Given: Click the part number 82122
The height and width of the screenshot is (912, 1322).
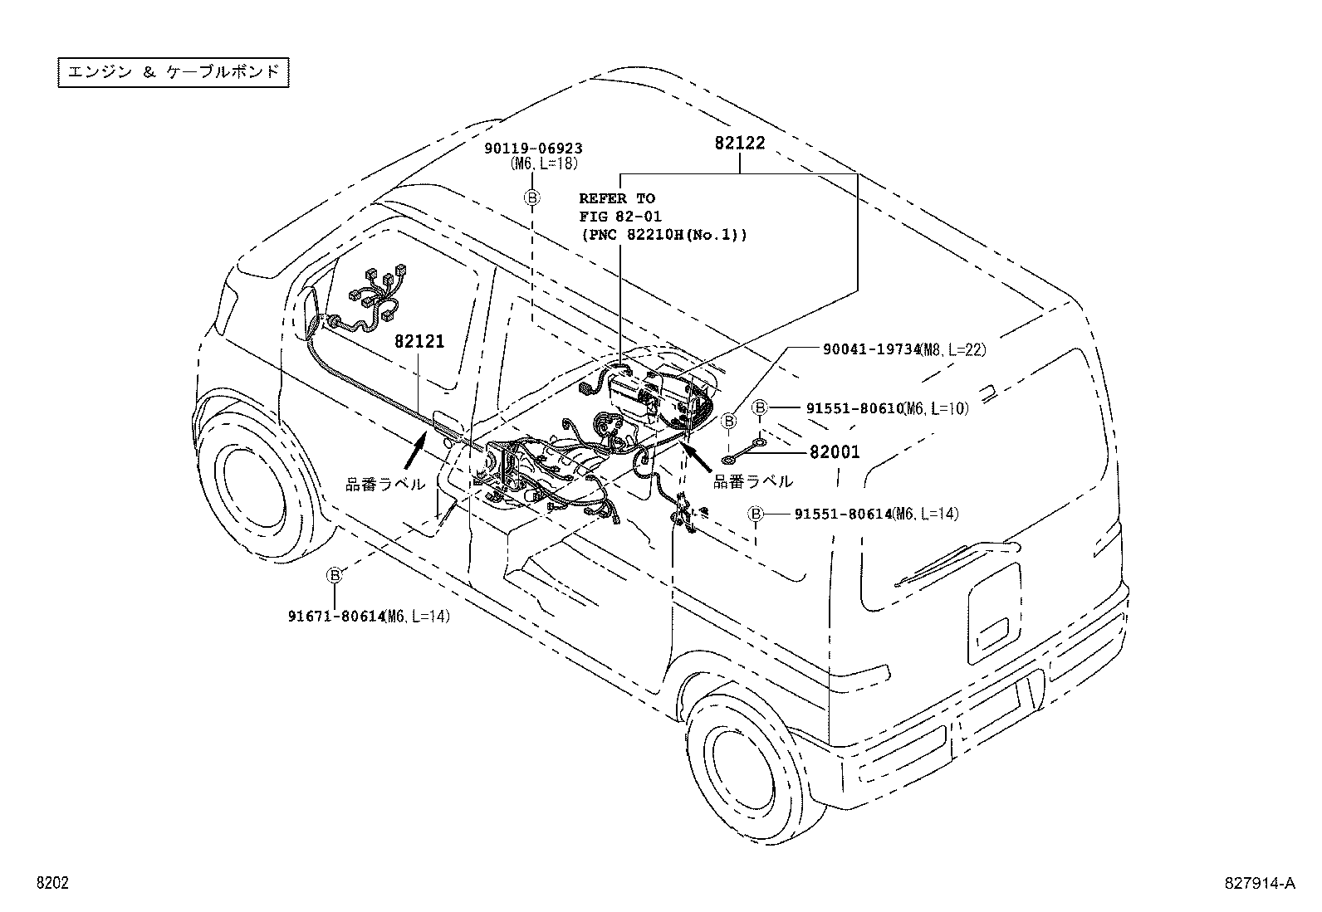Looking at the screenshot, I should [740, 143].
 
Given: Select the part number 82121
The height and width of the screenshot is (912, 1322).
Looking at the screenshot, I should [419, 341].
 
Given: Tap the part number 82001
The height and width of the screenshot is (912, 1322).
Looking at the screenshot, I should [835, 452].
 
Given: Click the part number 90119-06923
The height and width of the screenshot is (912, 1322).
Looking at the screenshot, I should [533, 149].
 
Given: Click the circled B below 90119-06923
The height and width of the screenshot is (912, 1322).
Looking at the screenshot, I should [532, 198].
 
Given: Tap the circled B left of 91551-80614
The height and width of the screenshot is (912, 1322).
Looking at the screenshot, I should [756, 515].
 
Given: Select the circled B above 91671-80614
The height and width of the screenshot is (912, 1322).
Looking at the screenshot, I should [334, 575].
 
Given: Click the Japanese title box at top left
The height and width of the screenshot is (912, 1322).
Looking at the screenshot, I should [174, 72].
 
